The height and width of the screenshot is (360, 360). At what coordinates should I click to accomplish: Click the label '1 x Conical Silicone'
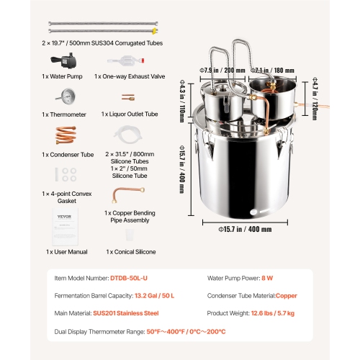point(130,251)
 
